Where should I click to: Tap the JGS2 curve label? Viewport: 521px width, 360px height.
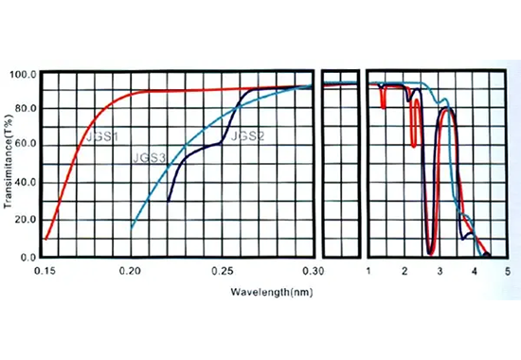(247, 136)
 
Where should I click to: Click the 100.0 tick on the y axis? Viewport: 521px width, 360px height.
(22, 74)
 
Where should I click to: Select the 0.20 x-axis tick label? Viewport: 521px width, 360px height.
(132, 272)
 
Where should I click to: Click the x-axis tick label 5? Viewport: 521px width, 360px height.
(508, 272)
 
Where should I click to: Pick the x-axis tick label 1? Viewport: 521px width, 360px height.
(368, 272)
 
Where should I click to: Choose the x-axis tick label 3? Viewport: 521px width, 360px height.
(439, 272)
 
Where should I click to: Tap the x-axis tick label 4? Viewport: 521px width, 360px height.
(475, 272)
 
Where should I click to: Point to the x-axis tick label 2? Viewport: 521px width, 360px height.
(404, 272)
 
